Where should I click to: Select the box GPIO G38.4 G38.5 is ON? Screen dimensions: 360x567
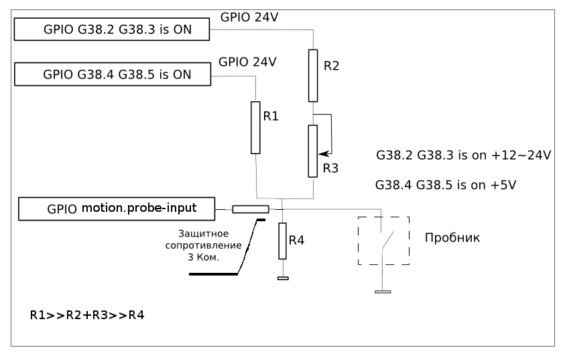[x=111, y=74]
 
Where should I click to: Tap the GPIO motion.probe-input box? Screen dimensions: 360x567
[x=117, y=208]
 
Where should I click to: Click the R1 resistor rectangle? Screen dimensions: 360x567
[x=255, y=127]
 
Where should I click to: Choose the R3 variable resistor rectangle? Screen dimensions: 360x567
[x=313, y=151]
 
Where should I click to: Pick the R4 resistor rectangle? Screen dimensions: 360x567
[x=282, y=241]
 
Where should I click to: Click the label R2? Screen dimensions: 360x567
[x=332, y=66]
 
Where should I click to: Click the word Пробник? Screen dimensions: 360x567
[x=452, y=238]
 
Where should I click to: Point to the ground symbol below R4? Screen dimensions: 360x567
[x=282, y=279]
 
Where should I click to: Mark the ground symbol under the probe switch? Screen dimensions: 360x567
[x=383, y=292]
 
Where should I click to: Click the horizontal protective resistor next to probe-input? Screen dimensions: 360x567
[x=251, y=210]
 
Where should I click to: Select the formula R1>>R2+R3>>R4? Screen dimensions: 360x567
[x=86, y=313]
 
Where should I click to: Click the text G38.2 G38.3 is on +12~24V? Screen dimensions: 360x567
[x=464, y=156]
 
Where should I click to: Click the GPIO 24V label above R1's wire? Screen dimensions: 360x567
[x=248, y=62]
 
